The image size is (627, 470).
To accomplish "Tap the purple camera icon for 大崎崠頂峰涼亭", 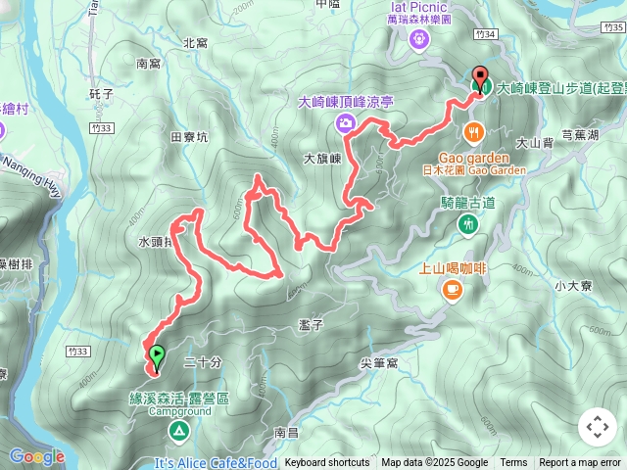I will pyautogui.click(x=345, y=122).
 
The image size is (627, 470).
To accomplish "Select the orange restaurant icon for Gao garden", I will pyautogui.click(x=473, y=133).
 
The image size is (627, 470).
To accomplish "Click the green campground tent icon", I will pyautogui.click(x=179, y=431).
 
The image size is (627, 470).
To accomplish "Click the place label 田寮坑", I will pyautogui.click(x=189, y=138).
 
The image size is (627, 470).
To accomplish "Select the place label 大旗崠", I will pyautogui.click(x=321, y=158).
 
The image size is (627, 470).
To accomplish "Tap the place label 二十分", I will pyautogui.click(x=203, y=361).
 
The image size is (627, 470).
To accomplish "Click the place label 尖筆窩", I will pyautogui.click(x=379, y=362).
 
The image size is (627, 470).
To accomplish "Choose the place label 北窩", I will pyautogui.click(x=195, y=43).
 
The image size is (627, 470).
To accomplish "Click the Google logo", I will pyautogui.click(x=36, y=457).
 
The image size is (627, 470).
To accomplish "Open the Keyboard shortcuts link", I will pyautogui.click(x=327, y=463).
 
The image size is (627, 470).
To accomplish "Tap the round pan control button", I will pyautogui.click(x=597, y=427).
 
